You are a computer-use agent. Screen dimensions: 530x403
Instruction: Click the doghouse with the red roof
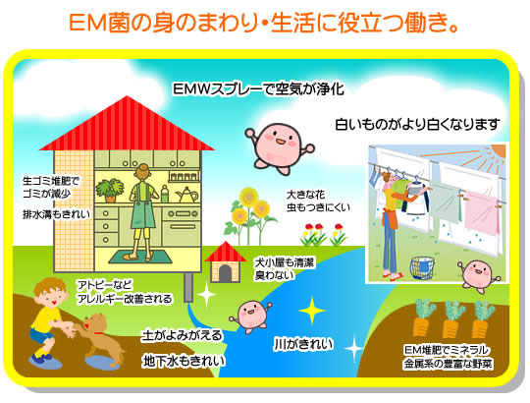coord(225,262)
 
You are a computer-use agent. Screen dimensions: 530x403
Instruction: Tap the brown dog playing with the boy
coord(100,338)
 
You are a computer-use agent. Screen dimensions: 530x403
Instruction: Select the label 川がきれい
coord(303,344)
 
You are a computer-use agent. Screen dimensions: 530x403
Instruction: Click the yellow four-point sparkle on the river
coord(312,311)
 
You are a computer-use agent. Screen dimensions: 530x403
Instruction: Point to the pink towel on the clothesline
coord(482,212)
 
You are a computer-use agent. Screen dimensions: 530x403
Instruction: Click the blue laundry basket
coord(422,268)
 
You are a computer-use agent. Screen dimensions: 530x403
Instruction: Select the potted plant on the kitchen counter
coord(110,191)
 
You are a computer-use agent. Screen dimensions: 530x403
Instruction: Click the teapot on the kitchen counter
coord(186,195)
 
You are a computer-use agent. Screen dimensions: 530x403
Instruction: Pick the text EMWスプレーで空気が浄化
coord(258,89)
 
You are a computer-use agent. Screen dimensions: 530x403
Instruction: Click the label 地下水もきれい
coord(184,361)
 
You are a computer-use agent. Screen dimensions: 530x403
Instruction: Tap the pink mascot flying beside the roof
coord(279,147)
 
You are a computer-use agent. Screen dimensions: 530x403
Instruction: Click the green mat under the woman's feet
coord(139,257)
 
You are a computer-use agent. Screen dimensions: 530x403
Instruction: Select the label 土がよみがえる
coord(182,335)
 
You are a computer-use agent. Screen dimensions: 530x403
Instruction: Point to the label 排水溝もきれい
coord(57,214)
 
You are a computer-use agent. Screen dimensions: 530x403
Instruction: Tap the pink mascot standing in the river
coord(250,317)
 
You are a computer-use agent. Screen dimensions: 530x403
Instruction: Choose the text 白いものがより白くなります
coord(418,125)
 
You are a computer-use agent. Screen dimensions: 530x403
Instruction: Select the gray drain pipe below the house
coord(188,287)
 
